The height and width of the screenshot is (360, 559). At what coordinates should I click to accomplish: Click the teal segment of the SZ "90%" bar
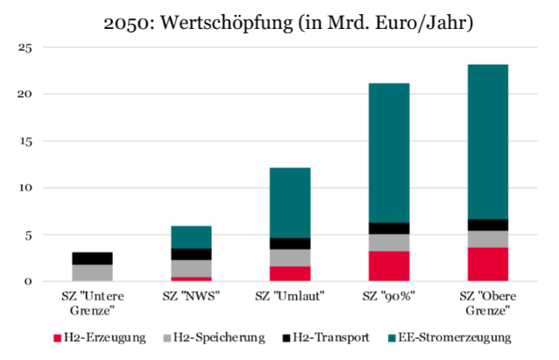(388, 152)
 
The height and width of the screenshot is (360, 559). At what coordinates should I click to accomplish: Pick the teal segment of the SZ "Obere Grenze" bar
(486, 141)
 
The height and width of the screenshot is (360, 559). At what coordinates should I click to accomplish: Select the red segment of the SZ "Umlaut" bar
(289, 273)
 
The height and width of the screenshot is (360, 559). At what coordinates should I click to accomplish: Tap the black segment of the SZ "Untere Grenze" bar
(92, 258)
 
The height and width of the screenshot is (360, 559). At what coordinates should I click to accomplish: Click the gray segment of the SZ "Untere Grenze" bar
(92, 272)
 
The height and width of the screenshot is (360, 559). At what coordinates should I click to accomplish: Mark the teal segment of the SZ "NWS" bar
(191, 237)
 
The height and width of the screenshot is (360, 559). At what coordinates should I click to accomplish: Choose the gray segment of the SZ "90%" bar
(388, 243)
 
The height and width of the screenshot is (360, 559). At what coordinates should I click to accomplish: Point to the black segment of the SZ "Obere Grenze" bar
(486, 225)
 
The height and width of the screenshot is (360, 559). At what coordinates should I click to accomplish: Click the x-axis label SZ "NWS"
(191, 295)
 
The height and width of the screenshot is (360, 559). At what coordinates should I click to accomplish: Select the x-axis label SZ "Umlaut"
(289, 295)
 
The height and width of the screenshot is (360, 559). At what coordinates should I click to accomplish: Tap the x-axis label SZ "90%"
(388, 295)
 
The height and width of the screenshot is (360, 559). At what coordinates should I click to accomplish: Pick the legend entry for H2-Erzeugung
(100, 336)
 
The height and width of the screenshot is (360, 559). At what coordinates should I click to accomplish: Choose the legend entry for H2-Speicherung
(211, 336)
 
